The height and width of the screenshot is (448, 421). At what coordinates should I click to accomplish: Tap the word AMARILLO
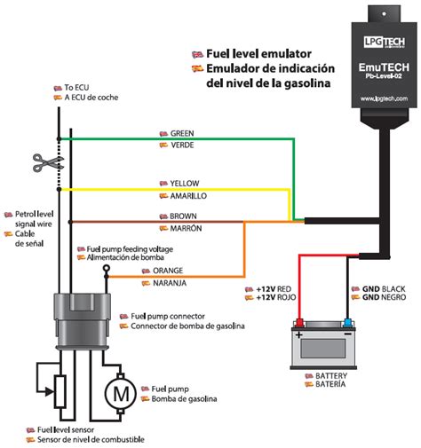[182, 194]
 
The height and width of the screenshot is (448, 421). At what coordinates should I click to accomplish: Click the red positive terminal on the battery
[300, 324]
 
